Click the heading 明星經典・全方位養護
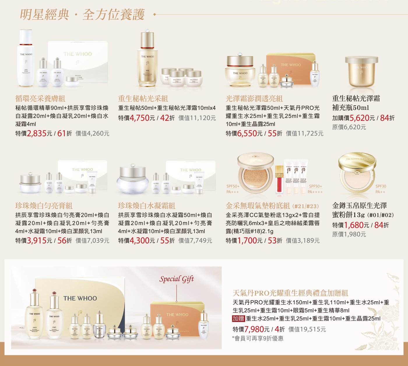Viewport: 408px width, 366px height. click(82, 15)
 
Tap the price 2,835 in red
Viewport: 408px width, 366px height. click(37, 133)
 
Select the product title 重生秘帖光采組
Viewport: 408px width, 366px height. click(143, 98)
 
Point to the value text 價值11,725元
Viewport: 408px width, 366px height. click(305, 133)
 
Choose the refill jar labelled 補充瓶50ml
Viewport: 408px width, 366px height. click(361, 72)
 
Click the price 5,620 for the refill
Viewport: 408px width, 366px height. click(359, 118)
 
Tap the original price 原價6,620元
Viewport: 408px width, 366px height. click(349, 127)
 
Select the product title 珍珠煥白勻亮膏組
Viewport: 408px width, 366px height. click(44, 206)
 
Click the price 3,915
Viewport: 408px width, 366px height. click(37, 241)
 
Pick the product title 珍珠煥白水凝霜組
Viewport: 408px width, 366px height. click(147, 206)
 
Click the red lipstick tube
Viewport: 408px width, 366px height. click(279, 179)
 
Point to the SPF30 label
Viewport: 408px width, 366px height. click(381, 186)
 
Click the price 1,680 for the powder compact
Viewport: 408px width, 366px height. click(354, 225)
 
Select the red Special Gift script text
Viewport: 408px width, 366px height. click(176, 279)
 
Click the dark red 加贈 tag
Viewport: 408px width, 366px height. click(238, 319)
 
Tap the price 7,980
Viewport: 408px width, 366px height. click(254, 329)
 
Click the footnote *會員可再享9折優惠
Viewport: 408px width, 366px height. click(258, 338)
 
